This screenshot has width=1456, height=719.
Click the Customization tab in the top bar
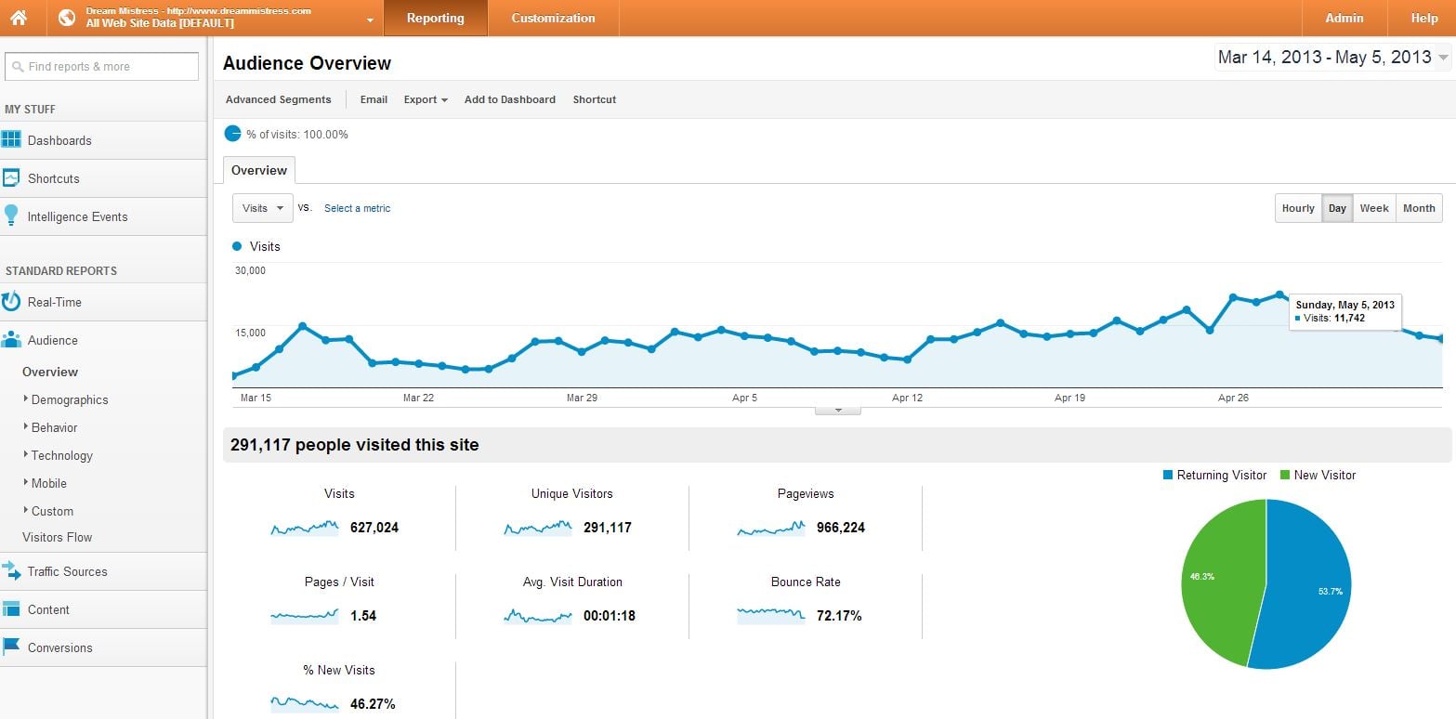[x=553, y=18]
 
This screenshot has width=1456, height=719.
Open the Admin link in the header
[x=1344, y=18]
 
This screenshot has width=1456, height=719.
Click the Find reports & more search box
[x=101, y=67]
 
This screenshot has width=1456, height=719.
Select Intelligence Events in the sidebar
[x=77, y=216]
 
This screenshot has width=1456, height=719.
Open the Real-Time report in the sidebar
[x=54, y=302]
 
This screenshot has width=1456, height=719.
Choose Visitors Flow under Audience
[x=57, y=537]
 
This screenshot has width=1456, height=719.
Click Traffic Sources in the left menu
[x=67, y=571]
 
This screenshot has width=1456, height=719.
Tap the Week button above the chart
[x=1373, y=208]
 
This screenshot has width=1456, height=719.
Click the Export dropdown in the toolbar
[x=426, y=99]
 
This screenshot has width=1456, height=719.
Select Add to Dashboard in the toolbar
[x=509, y=99]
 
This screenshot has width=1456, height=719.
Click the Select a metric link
[x=357, y=208]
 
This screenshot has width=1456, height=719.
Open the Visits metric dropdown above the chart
[x=263, y=208]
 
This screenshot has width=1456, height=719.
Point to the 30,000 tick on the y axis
[x=250, y=270]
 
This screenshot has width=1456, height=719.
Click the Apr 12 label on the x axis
[x=907, y=398]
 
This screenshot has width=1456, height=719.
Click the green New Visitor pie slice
[x=1217, y=576]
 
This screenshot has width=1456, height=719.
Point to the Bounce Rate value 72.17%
[x=840, y=616]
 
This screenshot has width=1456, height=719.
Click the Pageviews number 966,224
[x=840, y=528]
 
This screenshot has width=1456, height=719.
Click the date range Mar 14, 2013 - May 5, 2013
[x=1324, y=58]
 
